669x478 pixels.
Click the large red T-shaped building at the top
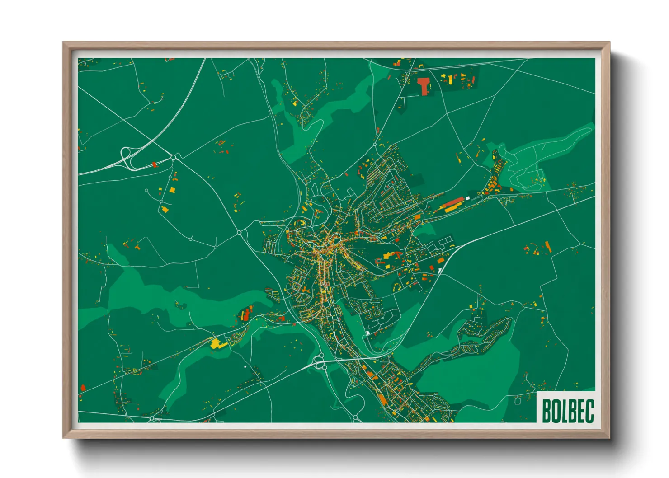pos(424,84)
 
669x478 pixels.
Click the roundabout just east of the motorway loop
pos(174,157)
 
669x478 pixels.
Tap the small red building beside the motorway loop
pos(154,164)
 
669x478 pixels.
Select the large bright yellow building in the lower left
pos(218,343)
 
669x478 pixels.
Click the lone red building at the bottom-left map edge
pos(83,387)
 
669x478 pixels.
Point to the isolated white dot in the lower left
pos(245,366)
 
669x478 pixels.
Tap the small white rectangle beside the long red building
pos(468,197)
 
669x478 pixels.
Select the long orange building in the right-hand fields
pos(548,247)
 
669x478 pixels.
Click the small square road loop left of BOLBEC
pos(518,400)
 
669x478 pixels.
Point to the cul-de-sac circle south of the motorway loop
pos(146,191)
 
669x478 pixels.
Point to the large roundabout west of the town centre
pos(239,233)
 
